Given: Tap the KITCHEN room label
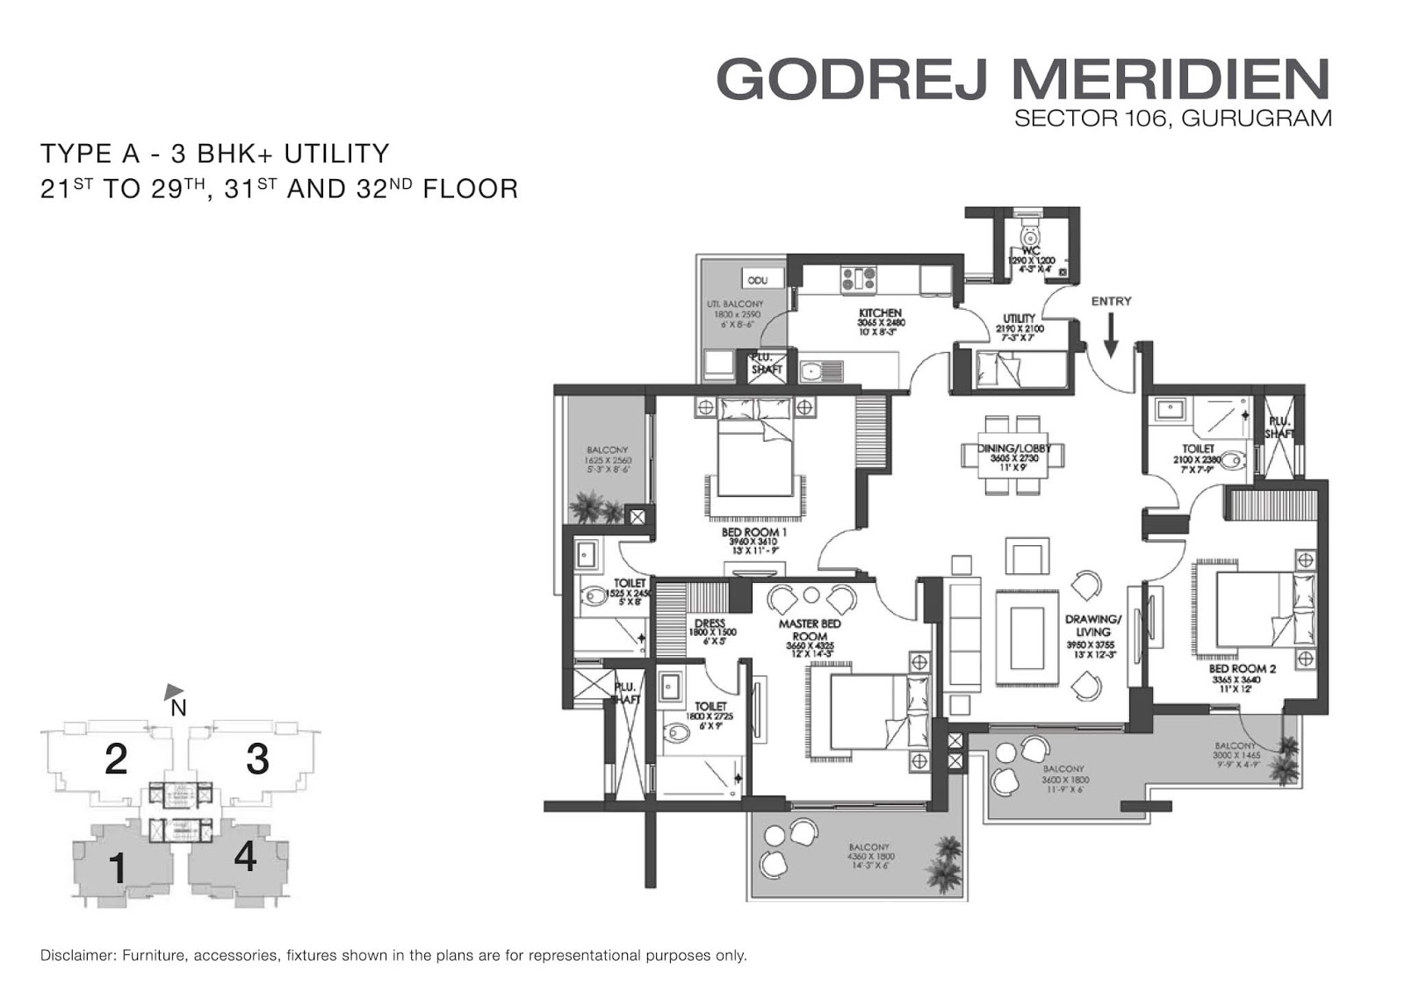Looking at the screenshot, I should tap(880, 313).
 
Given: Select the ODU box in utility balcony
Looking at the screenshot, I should tap(758, 280).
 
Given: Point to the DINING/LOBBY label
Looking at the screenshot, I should tap(1014, 449).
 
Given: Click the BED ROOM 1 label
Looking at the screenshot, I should tap(753, 532).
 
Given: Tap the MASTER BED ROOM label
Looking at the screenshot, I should tap(810, 630).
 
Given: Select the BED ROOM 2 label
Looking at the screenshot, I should tap(1242, 668).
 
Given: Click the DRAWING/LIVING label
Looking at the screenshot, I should tap(1092, 625).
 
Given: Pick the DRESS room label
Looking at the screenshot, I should tap(710, 624).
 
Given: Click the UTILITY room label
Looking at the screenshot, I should tap(1019, 319).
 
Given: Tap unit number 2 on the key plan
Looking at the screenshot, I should tap(116, 759).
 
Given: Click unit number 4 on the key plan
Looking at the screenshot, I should tap(245, 856).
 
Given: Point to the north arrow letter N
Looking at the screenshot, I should tap(178, 708).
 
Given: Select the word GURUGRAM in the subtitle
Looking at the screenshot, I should tap(1257, 118).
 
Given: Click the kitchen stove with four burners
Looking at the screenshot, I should tap(858, 278).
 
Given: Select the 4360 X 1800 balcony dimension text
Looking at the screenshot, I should tap(868, 857).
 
